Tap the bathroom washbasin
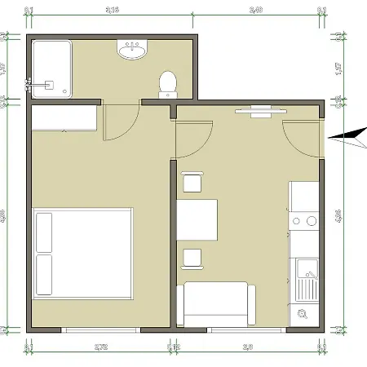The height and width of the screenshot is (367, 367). [132, 52]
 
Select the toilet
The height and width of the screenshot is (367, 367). [167, 83]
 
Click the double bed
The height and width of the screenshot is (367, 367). [82, 253]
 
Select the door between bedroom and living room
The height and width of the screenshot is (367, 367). [192, 137]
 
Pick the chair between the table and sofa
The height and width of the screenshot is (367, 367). [192, 258]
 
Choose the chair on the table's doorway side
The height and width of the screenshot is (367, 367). [192, 183]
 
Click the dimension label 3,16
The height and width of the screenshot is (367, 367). [113, 11]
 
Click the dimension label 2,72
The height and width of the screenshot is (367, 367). [101, 347]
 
